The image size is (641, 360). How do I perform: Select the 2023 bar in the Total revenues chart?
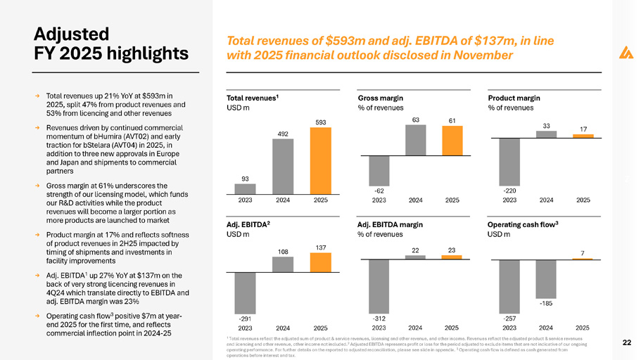(x=245, y=188)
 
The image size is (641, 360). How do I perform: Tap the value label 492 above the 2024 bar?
(x=281, y=132)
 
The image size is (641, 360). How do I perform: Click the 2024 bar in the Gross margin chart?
(x=415, y=140)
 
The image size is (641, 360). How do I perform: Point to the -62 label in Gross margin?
(x=379, y=191)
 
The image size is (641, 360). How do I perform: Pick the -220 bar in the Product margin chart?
(x=509, y=161)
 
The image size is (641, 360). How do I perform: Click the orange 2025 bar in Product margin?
(x=583, y=136)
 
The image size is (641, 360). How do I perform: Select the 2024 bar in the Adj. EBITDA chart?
(x=281, y=264)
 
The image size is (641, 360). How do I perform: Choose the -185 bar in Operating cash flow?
(x=546, y=278)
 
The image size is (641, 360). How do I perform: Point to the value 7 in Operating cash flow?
(x=582, y=252)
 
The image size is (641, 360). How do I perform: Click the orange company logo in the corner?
(x=624, y=52)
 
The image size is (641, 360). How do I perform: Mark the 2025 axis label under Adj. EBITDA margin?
(x=452, y=328)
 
